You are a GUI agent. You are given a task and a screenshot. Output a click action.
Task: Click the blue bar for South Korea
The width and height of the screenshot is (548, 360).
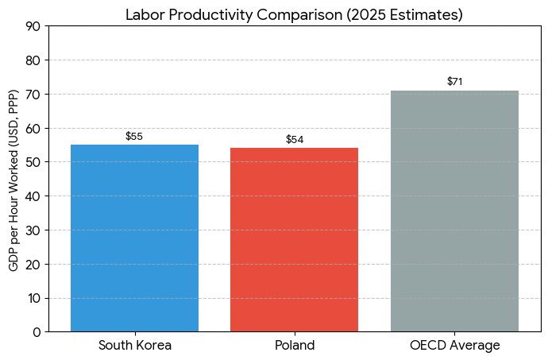134,238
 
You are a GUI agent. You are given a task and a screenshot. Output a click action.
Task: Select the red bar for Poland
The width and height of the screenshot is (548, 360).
294,239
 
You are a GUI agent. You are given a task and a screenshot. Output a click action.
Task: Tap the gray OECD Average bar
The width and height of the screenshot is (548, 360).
454,211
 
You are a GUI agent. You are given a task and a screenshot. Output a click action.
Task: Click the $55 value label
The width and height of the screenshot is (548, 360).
134,137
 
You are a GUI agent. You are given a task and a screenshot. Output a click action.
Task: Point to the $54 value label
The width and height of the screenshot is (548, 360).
295,140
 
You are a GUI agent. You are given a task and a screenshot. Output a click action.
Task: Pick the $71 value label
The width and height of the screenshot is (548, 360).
454,82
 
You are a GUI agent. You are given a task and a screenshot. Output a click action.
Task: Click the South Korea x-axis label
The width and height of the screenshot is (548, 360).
134,346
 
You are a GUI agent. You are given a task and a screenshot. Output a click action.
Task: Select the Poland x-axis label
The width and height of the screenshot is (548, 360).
295,346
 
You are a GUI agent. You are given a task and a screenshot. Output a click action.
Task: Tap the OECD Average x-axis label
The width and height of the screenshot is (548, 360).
454,346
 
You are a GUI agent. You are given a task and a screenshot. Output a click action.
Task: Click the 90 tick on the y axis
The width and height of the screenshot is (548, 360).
33,26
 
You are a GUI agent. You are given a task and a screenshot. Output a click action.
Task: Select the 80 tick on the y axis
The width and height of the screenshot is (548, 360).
33,60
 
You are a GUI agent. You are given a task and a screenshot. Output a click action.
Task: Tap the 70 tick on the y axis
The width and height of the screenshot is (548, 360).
33,95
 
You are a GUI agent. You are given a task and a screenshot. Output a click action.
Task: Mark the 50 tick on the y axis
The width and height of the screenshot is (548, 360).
33,162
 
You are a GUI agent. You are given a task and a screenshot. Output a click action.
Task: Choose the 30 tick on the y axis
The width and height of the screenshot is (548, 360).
33,230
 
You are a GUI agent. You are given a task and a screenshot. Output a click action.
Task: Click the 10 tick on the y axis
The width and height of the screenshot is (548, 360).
33,298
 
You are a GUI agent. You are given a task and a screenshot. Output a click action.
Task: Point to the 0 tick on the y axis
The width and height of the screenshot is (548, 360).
37,332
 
